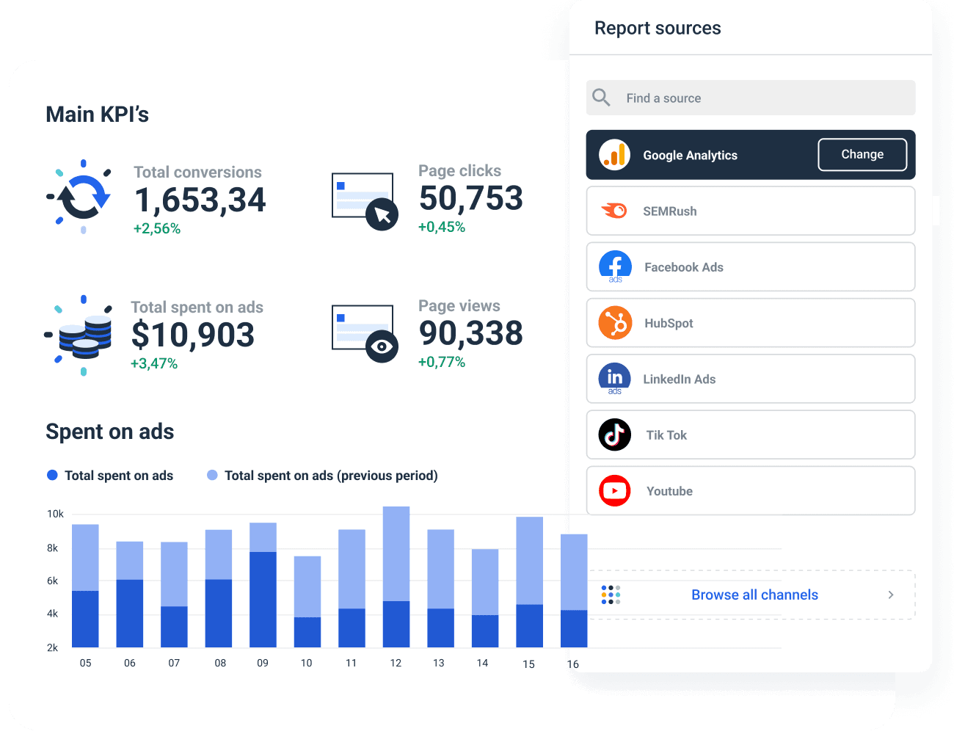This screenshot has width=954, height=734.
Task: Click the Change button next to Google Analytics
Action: [862, 155]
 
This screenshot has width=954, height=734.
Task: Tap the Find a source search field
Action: [750, 98]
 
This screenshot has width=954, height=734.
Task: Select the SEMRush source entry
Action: [750, 211]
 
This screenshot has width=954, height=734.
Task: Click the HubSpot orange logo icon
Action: [615, 323]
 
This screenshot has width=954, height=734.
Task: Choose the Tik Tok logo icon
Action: [615, 435]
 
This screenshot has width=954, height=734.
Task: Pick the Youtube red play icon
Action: [615, 491]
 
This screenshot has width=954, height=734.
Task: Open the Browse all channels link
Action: [754, 595]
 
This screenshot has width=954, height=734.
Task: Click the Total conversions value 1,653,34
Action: [200, 200]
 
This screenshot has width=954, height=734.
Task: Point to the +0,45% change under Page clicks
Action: [441, 228]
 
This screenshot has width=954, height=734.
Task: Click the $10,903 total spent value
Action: [192, 335]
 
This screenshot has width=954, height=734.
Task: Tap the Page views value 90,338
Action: [470, 334]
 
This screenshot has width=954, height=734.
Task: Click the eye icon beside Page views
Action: [382, 346]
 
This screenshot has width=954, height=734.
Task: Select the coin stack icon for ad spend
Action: [84, 336]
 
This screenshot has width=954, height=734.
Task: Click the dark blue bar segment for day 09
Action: [263, 599]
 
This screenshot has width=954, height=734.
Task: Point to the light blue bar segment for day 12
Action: [396, 553]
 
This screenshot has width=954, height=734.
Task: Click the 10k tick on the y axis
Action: [55, 514]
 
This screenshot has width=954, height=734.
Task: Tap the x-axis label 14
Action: [482, 664]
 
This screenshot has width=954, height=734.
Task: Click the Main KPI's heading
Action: [97, 115]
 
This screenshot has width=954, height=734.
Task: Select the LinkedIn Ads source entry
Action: [750, 379]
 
